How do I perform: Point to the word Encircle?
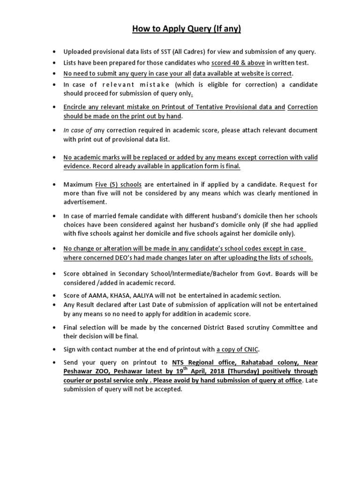[78, 107]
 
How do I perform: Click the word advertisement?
[85, 202]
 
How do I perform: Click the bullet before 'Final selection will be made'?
[56, 327]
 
